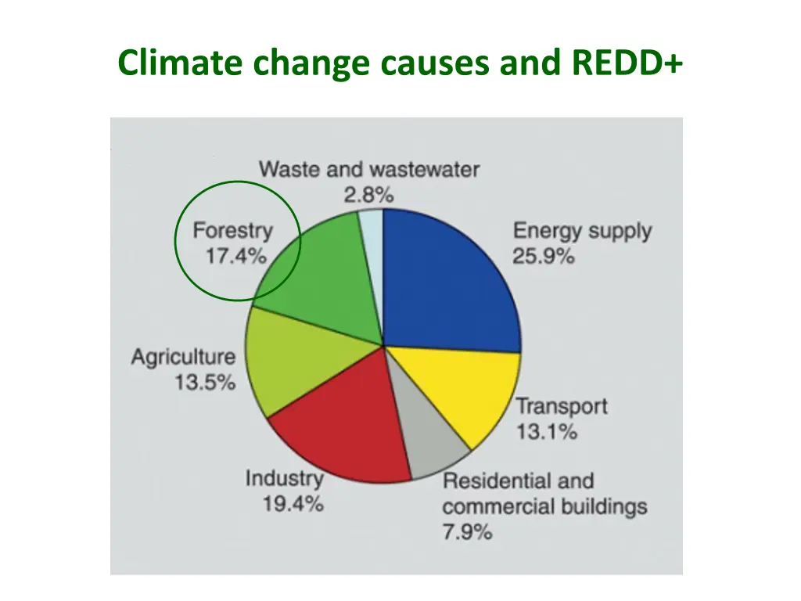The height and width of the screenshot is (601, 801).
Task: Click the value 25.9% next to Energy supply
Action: tap(544, 256)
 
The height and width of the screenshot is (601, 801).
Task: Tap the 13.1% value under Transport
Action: tap(546, 431)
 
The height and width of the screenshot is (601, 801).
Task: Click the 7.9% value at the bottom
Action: tap(467, 532)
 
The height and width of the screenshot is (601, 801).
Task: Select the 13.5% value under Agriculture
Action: tap(205, 383)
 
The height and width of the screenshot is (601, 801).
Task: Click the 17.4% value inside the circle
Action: tap(235, 256)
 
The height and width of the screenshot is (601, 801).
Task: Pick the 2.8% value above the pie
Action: tap(368, 195)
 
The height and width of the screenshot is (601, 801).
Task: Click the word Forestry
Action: tap(233, 231)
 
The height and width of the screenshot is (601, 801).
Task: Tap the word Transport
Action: tap(561, 406)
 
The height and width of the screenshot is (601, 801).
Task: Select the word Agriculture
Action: tap(183, 357)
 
